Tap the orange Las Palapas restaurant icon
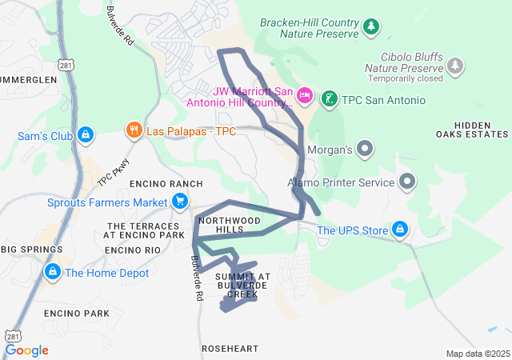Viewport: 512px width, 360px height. [x=134, y=129]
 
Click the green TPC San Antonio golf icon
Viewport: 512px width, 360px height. [x=328, y=100]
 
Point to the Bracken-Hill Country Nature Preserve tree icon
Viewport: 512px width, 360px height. [x=370, y=28]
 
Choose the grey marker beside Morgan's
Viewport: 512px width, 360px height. [x=365, y=149]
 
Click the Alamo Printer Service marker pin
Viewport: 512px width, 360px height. [x=407, y=182]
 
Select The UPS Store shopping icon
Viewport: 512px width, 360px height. [x=401, y=231]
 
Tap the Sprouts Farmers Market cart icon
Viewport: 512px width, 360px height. [x=181, y=202]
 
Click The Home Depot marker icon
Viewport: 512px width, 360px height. [x=53, y=272]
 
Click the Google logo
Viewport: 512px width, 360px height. [x=26, y=350]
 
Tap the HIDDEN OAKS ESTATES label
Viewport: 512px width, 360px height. [x=480, y=130]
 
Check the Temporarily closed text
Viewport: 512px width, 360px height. [x=406, y=79]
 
